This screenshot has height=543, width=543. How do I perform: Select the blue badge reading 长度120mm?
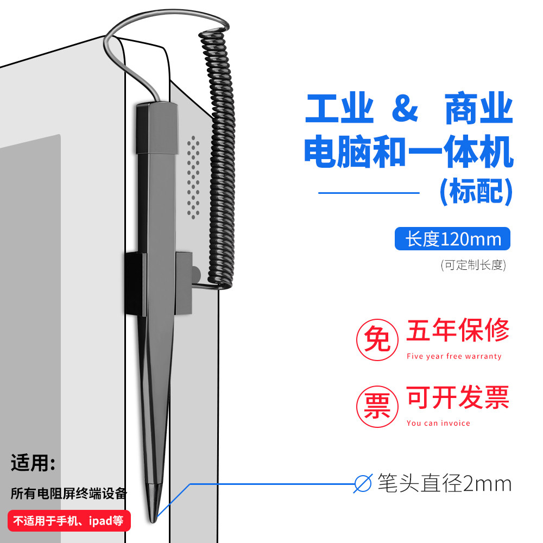pos(452,238)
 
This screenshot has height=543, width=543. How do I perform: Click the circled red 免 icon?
pos(377,339)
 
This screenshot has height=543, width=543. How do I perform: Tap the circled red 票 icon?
pos(377,406)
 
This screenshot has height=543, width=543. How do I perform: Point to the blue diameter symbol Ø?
pos(363,483)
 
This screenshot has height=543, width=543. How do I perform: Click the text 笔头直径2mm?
pos(444,483)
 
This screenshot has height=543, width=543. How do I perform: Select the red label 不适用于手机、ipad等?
pos(69,521)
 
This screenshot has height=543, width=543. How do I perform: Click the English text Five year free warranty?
pos(454,356)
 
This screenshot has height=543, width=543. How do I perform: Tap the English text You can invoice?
pos(438,423)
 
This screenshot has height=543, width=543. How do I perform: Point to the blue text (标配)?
pos(476,191)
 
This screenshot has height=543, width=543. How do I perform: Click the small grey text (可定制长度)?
pos(473,265)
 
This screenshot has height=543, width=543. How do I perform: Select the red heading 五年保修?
pos(458,330)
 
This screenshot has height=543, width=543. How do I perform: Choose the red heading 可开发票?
pos(458,397)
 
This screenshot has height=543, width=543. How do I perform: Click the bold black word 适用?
pos(33,463)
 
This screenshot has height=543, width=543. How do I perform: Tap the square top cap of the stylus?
pos(157,128)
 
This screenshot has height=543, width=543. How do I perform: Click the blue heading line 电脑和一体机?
pos(409,151)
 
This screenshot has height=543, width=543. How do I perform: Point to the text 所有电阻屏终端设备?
pos(69,494)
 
